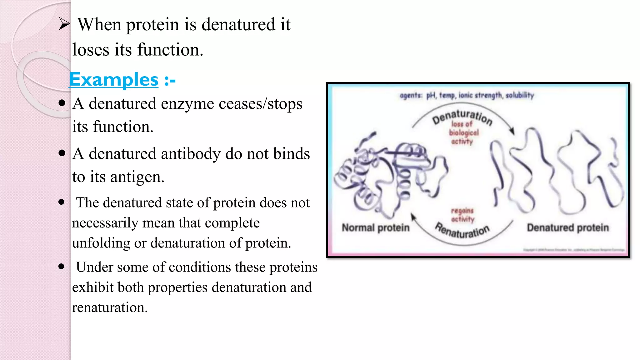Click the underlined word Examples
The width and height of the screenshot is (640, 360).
click(114, 80)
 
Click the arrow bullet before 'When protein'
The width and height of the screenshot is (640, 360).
click(64, 24)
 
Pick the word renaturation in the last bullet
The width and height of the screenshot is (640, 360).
click(109, 307)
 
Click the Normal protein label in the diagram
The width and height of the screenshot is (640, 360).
click(375, 227)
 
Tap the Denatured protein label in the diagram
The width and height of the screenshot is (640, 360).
click(568, 227)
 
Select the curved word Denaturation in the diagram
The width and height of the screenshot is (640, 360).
click(462, 117)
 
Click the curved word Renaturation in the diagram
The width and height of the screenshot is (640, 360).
click(462, 231)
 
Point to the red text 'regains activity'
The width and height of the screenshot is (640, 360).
click(462, 215)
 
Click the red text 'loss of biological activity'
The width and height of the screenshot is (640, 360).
click(463, 133)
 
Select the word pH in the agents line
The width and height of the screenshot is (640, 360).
click(431, 95)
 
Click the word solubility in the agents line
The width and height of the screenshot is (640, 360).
click(520, 95)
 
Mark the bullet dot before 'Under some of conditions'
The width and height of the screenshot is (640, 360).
click(62, 267)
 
